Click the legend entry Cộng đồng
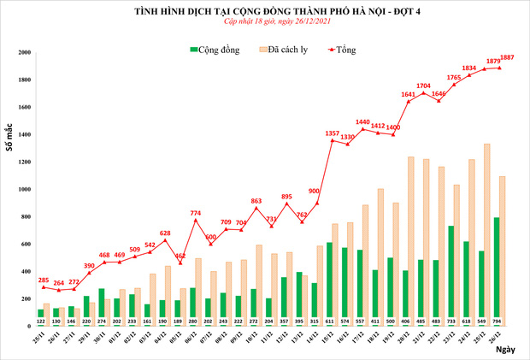(x=213, y=50)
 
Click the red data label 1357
(x=333, y=133)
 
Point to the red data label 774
(x=196, y=212)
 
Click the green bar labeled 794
(x=495, y=272)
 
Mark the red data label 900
(x=314, y=192)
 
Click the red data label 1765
(x=454, y=77)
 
